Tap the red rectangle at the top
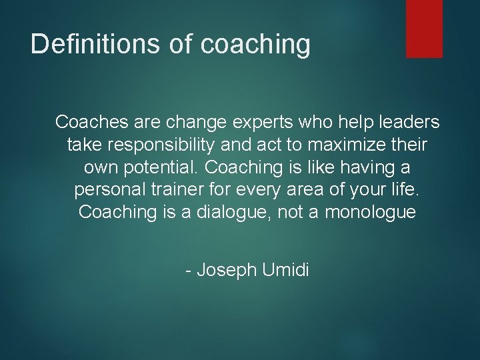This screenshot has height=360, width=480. (x=425, y=28)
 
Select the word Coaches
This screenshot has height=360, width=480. (x=89, y=122)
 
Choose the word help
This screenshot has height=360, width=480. (x=343, y=122)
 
